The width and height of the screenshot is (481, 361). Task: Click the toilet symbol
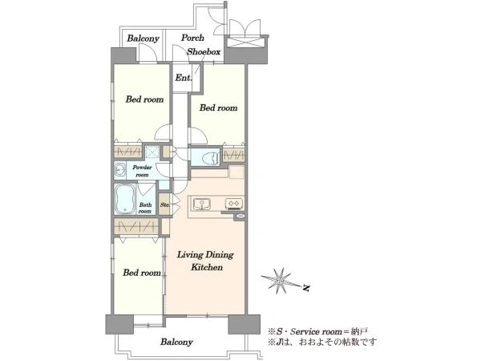(210, 158)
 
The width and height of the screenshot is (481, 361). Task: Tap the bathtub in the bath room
(125, 199)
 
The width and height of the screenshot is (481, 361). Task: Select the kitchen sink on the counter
(201, 204)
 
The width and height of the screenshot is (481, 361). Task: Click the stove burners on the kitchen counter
(234, 204)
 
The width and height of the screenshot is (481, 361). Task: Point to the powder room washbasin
(119, 171)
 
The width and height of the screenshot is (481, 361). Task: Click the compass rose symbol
(280, 281)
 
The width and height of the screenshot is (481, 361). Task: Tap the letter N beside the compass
(305, 288)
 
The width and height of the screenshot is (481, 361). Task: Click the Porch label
(192, 38)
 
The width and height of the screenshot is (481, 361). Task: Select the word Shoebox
(204, 51)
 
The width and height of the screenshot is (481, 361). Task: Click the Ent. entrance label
(184, 78)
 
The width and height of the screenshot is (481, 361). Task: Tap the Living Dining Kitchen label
(206, 261)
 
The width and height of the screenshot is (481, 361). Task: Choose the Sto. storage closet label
(164, 205)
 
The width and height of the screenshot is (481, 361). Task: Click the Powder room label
(142, 171)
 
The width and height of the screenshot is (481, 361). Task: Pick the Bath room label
(145, 208)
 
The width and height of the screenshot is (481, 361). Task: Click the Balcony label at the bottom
(176, 342)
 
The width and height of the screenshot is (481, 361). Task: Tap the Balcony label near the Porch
(143, 39)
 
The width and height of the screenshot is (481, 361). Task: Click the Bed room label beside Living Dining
(142, 273)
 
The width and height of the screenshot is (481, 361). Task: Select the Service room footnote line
(317, 331)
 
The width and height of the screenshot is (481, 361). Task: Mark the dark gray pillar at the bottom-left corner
(119, 324)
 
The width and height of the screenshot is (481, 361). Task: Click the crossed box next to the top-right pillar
(245, 42)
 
